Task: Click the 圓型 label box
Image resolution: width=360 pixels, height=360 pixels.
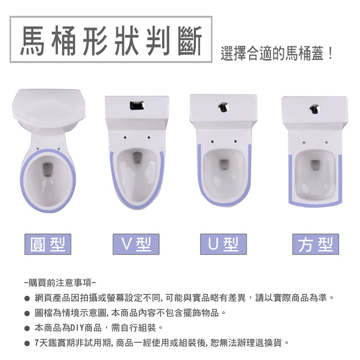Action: (x=48, y=244)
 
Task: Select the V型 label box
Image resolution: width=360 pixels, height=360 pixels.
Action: (x=136, y=244)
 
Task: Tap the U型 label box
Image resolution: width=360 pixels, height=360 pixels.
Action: (x=223, y=244)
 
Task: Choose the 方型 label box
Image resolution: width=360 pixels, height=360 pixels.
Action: (x=316, y=244)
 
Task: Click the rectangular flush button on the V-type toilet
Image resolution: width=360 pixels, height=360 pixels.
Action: (x=137, y=105)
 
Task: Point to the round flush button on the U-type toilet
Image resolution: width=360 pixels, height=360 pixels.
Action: (x=223, y=107)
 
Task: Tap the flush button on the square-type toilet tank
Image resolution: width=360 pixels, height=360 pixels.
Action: (x=314, y=109)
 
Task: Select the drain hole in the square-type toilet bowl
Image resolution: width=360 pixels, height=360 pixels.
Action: (x=316, y=166)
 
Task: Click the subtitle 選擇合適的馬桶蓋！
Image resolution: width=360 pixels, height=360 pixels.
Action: (x=277, y=53)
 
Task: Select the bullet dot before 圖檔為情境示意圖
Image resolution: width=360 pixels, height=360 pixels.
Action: (x=27, y=313)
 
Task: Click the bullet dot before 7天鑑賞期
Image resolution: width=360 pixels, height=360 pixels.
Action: (x=27, y=343)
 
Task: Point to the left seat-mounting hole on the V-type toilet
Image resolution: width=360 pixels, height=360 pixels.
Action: (x=125, y=138)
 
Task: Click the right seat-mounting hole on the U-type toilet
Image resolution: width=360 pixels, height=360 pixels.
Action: (x=235, y=141)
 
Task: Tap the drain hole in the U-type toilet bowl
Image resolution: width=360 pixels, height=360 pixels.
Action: (x=223, y=164)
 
